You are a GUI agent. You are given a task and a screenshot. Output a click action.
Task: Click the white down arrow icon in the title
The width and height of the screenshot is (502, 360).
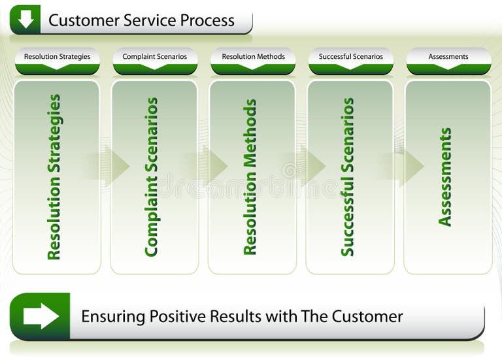pyautogui.click(x=25, y=20)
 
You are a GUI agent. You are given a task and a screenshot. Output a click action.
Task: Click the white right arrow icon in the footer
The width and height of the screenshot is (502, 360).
pyautogui.click(x=41, y=316)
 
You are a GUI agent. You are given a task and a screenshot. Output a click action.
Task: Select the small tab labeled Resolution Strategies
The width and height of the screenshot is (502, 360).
pyautogui.click(x=57, y=57)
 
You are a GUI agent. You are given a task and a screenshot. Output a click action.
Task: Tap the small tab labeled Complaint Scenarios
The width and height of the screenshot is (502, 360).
pyautogui.click(x=154, y=57)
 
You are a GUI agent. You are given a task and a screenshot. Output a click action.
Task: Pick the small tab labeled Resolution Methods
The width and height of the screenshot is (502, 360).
pyautogui.click(x=253, y=57)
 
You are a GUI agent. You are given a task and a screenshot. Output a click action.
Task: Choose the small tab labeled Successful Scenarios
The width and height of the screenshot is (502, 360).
pyautogui.click(x=351, y=57)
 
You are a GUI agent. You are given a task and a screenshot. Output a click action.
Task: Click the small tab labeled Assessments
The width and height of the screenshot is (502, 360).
pyautogui.click(x=448, y=57)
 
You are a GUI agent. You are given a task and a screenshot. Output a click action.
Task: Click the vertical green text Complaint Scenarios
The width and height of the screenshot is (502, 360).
pyautogui.click(x=152, y=177)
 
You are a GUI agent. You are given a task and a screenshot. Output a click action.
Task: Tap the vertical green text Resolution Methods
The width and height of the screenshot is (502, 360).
pyautogui.click(x=250, y=177)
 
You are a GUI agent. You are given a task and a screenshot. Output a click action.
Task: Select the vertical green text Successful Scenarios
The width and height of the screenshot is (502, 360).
pyautogui.click(x=348, y=177)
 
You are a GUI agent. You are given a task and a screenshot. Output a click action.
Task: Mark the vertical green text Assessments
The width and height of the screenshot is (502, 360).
pyautogui.click(x=445, y=177)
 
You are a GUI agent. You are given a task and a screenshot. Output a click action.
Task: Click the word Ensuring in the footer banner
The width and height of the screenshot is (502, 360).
pyautogui.click(x=112, y=317)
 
